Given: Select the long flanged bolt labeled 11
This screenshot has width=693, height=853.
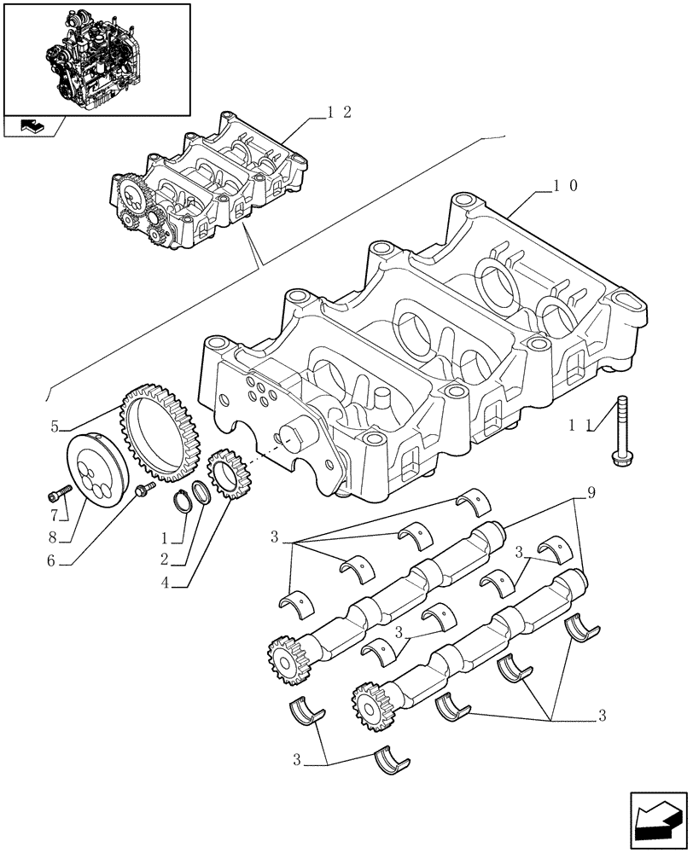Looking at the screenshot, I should (620, 432).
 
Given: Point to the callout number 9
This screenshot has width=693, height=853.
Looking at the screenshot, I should (589, 492).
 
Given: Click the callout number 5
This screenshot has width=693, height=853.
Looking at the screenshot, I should (55, 424).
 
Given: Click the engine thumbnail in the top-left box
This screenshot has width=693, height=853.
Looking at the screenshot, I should (96, 58).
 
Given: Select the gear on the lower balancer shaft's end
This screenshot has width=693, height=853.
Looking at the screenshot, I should (370, 702).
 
